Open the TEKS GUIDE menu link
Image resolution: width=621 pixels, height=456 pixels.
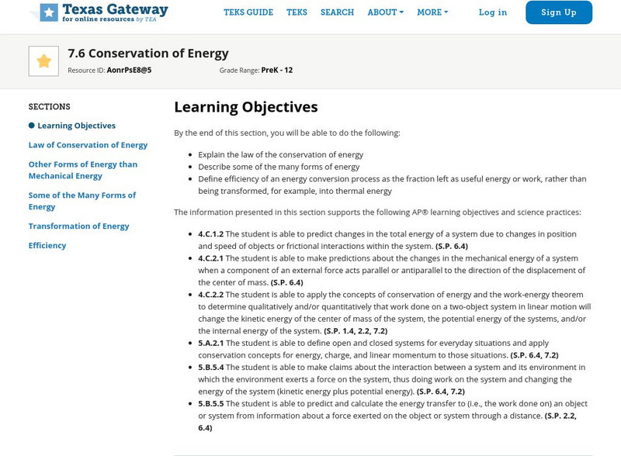[x=248, y=12]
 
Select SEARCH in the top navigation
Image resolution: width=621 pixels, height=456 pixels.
[x=337, y=12]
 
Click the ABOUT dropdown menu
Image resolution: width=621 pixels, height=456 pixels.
[x=385, y=12]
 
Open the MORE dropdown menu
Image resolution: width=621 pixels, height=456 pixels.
[x=432, y=12]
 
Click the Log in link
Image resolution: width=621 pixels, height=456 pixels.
[x=493, y=12]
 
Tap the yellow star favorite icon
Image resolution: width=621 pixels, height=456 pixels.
[x=43, y=61]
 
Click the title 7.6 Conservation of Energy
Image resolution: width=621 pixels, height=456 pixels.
[x=148, y=54]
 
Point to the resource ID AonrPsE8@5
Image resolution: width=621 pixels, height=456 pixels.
[x=129, y=71]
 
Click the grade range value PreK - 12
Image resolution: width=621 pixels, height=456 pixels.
[x=277, y=71]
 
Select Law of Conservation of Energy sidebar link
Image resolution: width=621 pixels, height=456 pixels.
[x=88, y=145]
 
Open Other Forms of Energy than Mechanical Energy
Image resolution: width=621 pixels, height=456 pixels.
[x=83, y=170]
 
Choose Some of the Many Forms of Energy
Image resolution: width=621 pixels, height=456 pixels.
[x=82, y=201]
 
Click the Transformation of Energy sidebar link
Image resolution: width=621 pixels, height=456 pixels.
[x=78, y=226]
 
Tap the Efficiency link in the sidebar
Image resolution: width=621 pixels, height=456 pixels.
[x=47, y=246]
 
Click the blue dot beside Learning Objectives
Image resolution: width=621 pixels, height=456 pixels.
[x=32, y=126]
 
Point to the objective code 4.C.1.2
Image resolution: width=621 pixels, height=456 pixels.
[x=210, y=234]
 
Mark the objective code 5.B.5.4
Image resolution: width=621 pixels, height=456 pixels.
[x=210, y=368]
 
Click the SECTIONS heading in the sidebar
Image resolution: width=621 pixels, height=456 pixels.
[x=49, y=107]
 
